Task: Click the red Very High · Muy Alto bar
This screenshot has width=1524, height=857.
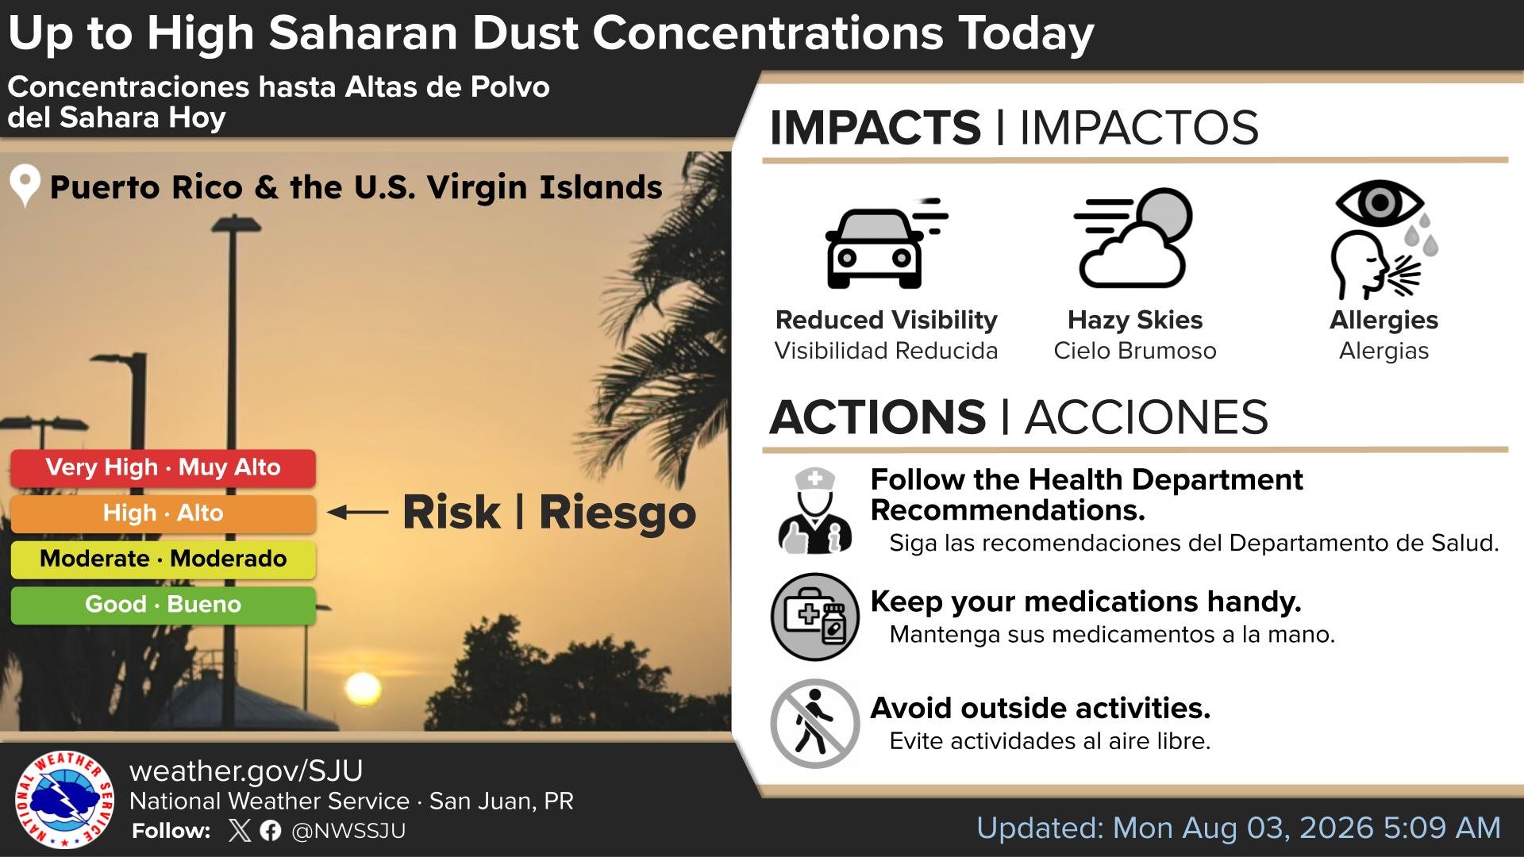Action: [x=163, y=468]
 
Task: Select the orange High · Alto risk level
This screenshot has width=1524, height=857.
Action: [x=163, y=513]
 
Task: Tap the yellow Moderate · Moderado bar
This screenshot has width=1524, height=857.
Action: [x=163, y=559]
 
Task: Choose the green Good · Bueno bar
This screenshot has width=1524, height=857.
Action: [x=163, y=605]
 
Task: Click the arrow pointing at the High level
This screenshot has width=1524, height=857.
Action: [x=357, y=513]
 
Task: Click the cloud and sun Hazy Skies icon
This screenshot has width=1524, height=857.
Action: [x=1133, y=238]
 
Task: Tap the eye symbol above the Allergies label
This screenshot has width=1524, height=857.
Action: [x=1380, y=202]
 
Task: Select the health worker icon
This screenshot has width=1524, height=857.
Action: [x=815, y=511]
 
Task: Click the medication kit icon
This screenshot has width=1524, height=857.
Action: [x=815, y=617]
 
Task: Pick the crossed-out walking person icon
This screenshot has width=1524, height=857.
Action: [x=815, y=723]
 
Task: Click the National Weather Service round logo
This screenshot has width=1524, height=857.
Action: [x=64, y=799]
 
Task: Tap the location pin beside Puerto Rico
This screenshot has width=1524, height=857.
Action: [x=25, y=185]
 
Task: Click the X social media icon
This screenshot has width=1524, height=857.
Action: [x=239, y=831]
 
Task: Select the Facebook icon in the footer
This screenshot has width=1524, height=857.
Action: [x=271, y=831]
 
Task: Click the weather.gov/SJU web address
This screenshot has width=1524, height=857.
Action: [x=246, y=771]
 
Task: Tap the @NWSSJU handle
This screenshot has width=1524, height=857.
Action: [x=348, y=831]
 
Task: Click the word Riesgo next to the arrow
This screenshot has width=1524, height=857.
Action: [x=618, y=513]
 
